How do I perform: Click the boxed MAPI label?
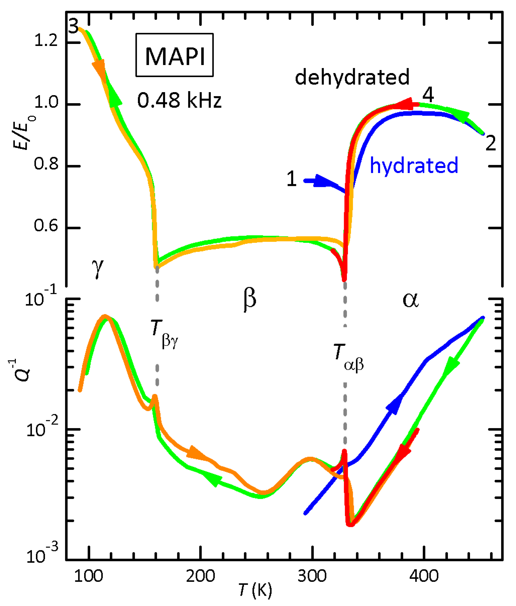coord(175,55)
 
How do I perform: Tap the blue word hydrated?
coord(414,165)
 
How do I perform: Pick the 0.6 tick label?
coord(46,225)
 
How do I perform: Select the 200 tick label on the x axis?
coord(201,576)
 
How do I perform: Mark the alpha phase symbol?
coord(411,300)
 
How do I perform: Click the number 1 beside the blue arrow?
coord(292,179)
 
